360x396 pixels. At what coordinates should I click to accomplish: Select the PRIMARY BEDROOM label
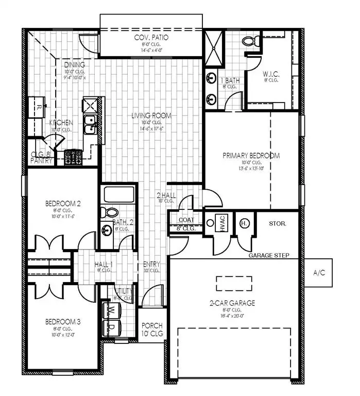point(251,155)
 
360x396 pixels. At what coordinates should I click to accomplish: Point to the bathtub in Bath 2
point(118,195)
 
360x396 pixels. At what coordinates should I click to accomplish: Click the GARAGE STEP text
point(269,255)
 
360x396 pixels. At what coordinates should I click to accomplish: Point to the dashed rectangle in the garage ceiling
point(234,283)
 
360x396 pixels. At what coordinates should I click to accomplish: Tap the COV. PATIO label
point(151,38)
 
